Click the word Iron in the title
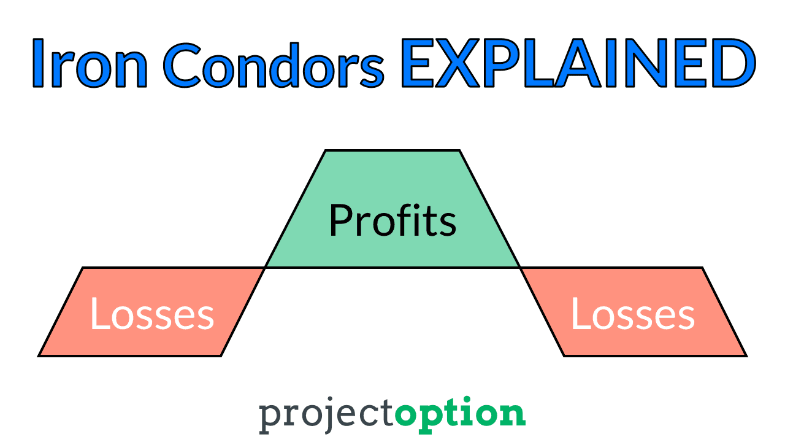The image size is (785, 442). (90, 63)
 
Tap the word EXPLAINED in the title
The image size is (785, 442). (578, 63)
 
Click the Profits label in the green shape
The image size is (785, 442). (393, 220)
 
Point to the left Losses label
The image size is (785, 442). (152, 313)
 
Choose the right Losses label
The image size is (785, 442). (633, 313)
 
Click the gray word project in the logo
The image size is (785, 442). (327, 415)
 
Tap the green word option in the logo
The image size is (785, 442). (460, 414)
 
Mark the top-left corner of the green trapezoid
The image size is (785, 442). (326, 150)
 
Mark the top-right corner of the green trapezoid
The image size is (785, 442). (459, 150)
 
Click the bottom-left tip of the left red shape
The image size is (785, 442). (38, 356)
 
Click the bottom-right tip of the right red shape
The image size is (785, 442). (747, 356)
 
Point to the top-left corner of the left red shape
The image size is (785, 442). (83, 268)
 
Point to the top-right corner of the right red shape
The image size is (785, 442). (702, 268)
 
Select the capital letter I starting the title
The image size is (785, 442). (38, 63)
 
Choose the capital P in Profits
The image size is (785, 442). (340, 220)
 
